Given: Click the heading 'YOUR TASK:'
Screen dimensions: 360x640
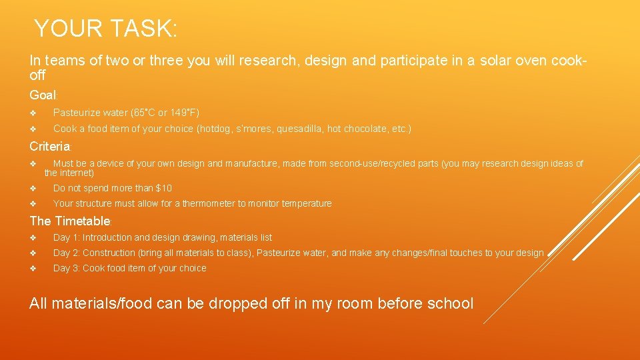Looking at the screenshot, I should click(x=105, y=29).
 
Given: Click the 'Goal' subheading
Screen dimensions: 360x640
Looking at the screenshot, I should click(x=43, y=95).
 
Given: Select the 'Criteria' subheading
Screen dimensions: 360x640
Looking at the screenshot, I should click(x=49, y=146).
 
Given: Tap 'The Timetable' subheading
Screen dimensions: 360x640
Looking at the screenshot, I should click(x=69, y=221).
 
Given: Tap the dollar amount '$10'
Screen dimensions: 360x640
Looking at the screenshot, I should click(x=163, y=188).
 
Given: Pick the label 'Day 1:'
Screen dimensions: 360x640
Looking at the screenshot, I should click(x=67, y=237).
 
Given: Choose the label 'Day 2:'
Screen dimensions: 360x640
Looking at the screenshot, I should click(x=67, y=253).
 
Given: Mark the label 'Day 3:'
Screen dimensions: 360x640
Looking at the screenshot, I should click(x=67, y=268).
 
